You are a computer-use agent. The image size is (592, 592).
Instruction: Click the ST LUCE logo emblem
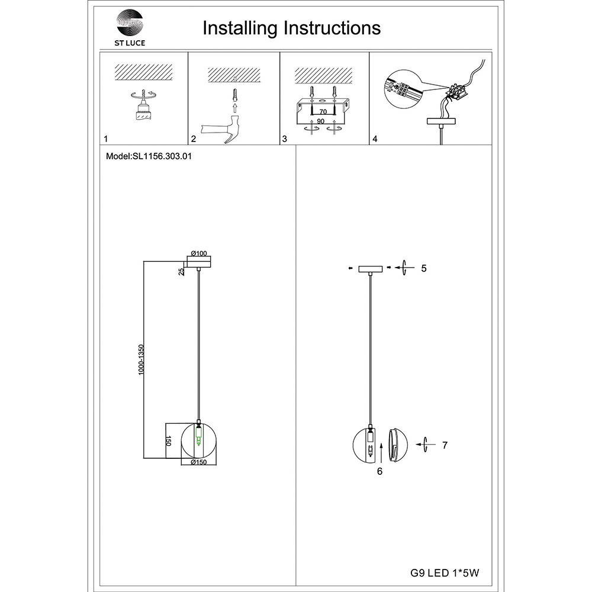(130, 24)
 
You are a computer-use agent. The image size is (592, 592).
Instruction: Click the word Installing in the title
(240, 28)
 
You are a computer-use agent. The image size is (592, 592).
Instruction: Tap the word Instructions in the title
(332, 28)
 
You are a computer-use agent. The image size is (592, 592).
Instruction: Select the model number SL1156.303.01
(162, 156)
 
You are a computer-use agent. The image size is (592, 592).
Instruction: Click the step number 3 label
(285, 139)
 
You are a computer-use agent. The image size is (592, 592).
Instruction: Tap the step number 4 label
(375, 139)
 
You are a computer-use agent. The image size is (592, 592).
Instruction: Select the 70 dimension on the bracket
(323, 112)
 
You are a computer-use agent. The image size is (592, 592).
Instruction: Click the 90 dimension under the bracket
(320, 121)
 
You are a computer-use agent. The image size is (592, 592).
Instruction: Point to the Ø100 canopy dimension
(199, 253)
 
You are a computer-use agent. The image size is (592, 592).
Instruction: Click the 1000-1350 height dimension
(141, 359)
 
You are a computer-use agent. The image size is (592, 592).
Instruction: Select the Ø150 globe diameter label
(198, 462)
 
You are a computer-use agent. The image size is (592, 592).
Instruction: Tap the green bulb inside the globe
(198, 436)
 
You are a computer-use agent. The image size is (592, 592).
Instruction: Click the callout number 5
(424, 268)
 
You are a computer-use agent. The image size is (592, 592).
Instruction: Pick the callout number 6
(379, 471)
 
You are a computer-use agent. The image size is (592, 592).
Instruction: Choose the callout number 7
(445, 445)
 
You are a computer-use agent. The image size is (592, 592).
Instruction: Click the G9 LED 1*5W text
(445, 573)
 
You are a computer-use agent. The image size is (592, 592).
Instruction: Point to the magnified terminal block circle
(403, 89)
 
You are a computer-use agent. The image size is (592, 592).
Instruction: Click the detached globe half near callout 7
(398, 445)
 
